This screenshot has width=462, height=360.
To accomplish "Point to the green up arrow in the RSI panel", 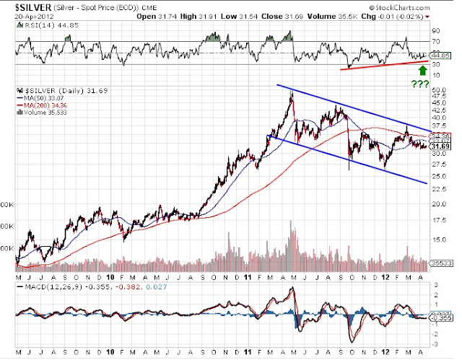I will click(x=423, y=71).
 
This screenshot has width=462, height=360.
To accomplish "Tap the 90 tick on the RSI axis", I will click(x=436, y=32).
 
